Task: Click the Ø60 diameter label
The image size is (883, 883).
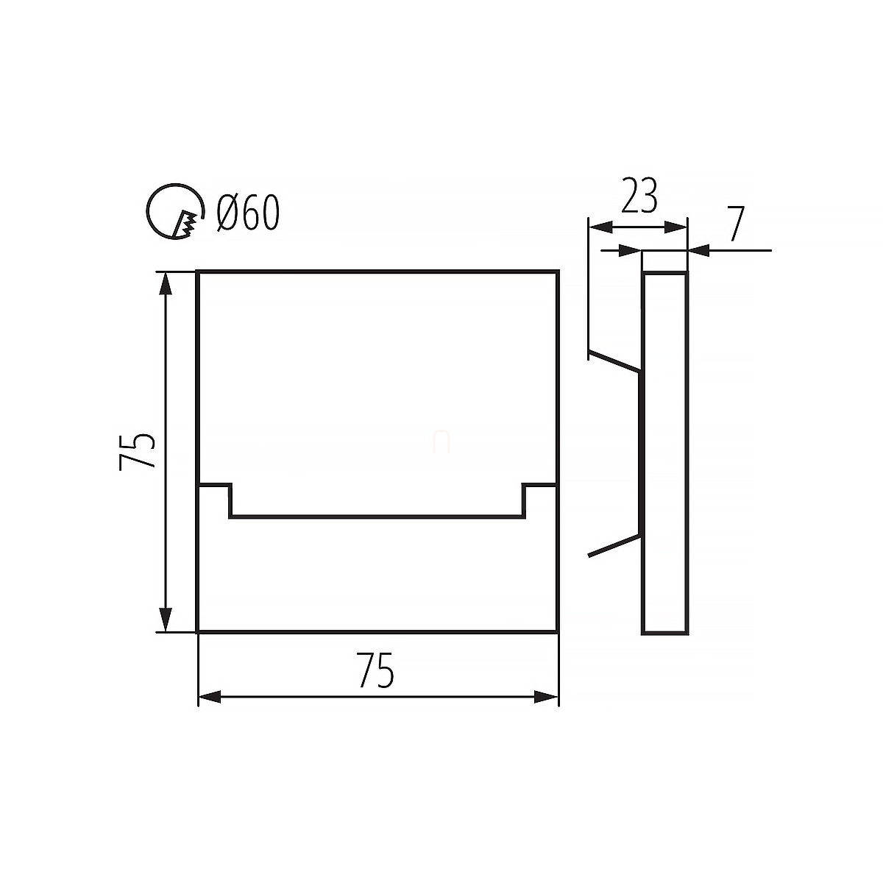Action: (248, 212)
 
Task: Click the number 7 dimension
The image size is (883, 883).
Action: (736, 224)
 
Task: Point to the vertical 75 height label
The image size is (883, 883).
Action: (137, 451)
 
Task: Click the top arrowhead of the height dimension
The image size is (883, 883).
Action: (166, 284)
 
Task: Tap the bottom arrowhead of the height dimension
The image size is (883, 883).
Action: (166, 620)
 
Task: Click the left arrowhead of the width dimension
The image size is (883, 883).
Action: (210, 710)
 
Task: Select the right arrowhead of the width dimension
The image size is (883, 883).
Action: (546, 710)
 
